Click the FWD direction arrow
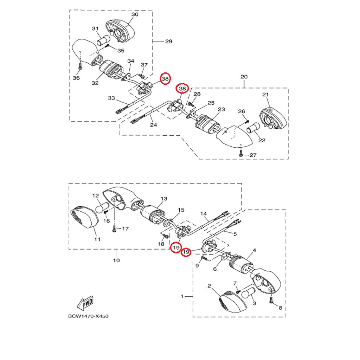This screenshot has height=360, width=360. coord(83,303)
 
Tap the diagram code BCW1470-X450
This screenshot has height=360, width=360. coord(88,316)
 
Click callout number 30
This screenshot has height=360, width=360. coord(135,14)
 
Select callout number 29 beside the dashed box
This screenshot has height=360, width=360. coord(168,41)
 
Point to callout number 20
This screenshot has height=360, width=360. coord(244,77)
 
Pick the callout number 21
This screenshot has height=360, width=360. coord(265,95)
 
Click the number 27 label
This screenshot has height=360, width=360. coord(253,155)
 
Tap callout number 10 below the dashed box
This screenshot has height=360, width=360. coord(116,261)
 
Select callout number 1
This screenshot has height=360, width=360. coord(182,297)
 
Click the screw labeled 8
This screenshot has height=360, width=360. coord(271,300)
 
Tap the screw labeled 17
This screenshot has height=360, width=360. coord(114,229)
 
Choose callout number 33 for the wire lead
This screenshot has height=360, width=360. coord(111,98)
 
